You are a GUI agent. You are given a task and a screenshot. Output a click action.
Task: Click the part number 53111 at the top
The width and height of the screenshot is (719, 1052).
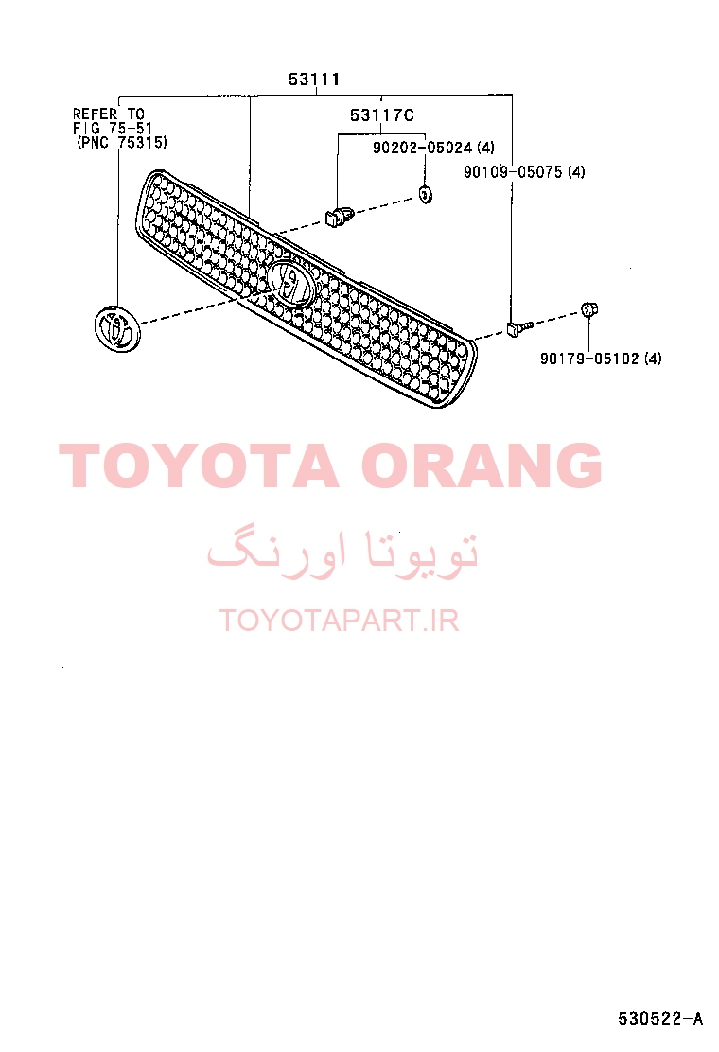click(x=314, y=79)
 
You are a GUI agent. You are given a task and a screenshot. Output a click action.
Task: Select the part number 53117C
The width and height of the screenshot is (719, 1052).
click(x=381, y=115)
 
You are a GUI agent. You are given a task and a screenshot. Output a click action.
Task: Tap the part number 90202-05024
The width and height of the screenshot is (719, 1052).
click(x=422, y=148)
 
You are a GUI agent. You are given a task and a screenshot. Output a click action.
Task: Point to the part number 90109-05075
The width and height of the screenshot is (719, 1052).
click(x=513, y=172)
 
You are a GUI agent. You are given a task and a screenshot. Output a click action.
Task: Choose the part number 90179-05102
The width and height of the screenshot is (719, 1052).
click(x=589, y=359)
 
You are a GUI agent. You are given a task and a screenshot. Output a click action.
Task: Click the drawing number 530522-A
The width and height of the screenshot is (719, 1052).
click(x=660, y=1019)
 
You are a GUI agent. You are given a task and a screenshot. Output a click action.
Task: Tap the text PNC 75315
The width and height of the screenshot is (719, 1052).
click(x=122, y=142)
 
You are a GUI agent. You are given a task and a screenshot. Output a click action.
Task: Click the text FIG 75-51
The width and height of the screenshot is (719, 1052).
click(x=112, y=128)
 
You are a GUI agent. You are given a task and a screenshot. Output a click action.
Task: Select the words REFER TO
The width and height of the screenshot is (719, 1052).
click(x=109, y=114)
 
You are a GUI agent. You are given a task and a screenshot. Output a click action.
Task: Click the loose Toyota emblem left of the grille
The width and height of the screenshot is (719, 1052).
click(x=117, y=329)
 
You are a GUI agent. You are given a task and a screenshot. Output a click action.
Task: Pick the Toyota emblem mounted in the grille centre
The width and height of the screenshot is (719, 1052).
click(x=291, y=284)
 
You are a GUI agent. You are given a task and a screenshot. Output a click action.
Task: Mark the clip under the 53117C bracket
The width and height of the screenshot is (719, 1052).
click(x=339, y=216)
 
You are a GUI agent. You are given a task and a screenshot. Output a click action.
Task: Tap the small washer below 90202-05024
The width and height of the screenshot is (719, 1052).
click(x=425, y=195)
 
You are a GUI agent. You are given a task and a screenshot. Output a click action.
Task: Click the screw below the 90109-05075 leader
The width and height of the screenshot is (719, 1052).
click(x=518, y=328)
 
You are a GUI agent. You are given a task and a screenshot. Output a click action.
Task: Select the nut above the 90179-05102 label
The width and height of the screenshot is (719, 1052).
click(x=588, y=310)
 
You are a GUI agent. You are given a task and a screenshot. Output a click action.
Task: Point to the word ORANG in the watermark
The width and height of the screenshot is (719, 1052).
click(x=482, y=465)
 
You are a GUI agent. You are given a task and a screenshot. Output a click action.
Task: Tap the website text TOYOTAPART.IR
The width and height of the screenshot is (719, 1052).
click(x=340, y=621)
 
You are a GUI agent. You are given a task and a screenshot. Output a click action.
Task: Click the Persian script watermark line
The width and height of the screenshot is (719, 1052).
click(x=342, y=554)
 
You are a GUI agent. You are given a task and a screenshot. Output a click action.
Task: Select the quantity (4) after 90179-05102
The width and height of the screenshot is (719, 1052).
click(x=653, y=359)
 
